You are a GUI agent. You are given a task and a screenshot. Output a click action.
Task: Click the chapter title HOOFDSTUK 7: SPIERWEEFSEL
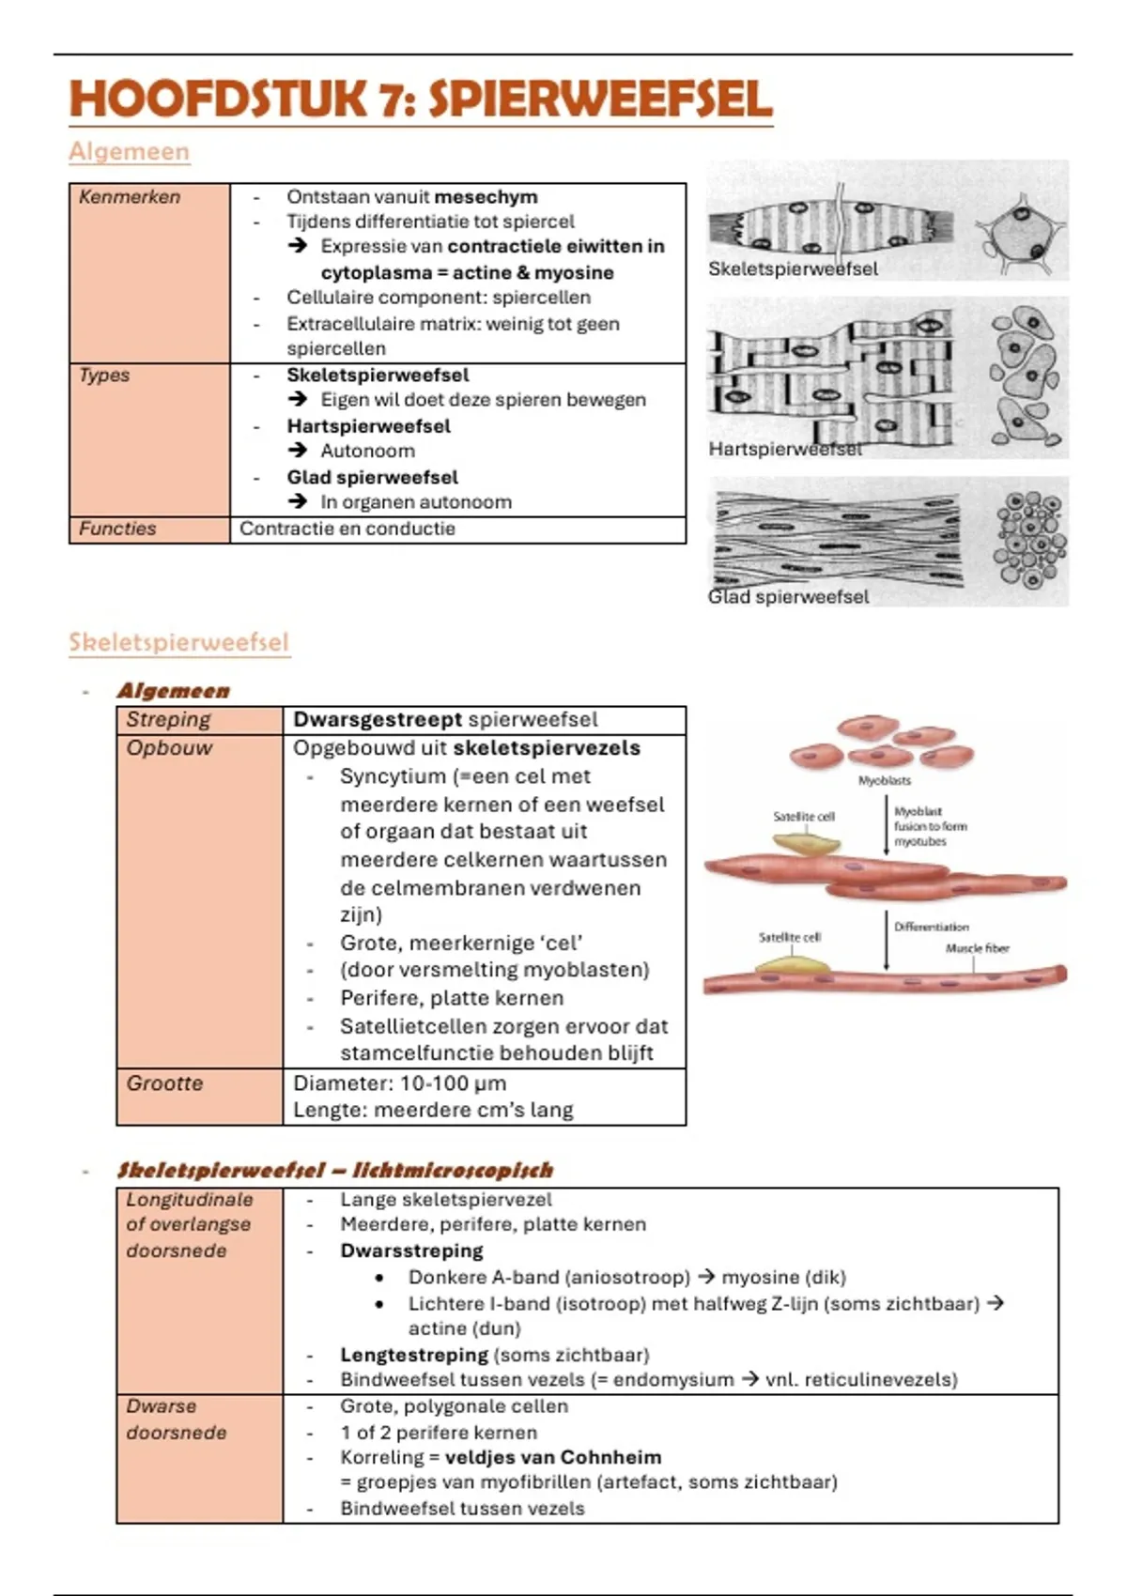click(x=421, y=100)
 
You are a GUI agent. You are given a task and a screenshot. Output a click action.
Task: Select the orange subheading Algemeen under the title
click(x=130, y=151)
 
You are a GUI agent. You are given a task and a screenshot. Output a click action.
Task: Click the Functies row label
click(x=117, y=529)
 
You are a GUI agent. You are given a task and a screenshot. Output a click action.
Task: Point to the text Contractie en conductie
click(x=347, y=529)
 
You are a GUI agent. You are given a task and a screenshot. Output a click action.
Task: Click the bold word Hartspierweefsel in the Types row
click(x=368, y=426)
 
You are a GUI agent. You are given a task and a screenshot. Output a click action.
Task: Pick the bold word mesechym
click(x=486, y=197)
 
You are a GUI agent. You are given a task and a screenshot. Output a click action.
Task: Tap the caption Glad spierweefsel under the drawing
click(x=789, y=597)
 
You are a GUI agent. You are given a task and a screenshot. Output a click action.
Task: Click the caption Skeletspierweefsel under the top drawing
click(x=794, y=269)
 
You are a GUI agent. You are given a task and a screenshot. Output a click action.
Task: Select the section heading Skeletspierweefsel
click(x=178, y=642)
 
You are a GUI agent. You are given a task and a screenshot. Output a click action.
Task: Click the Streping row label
click(x=169, y=720)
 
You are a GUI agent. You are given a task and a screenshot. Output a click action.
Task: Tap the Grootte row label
click(x=165, y=1083)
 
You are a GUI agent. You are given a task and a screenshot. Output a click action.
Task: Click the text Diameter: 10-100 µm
click(x=400, y=1083)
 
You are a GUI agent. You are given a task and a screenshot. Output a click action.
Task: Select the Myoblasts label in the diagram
click(x=884, y=780)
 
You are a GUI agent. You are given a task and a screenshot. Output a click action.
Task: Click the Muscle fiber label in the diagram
click(x=977, y=948)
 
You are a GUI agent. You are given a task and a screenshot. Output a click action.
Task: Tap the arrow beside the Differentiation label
click(x=886, y=941)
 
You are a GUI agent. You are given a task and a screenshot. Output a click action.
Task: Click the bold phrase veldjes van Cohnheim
click(x=553, y=1458)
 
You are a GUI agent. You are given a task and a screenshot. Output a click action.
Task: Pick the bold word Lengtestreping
click(x=414, y=1355)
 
